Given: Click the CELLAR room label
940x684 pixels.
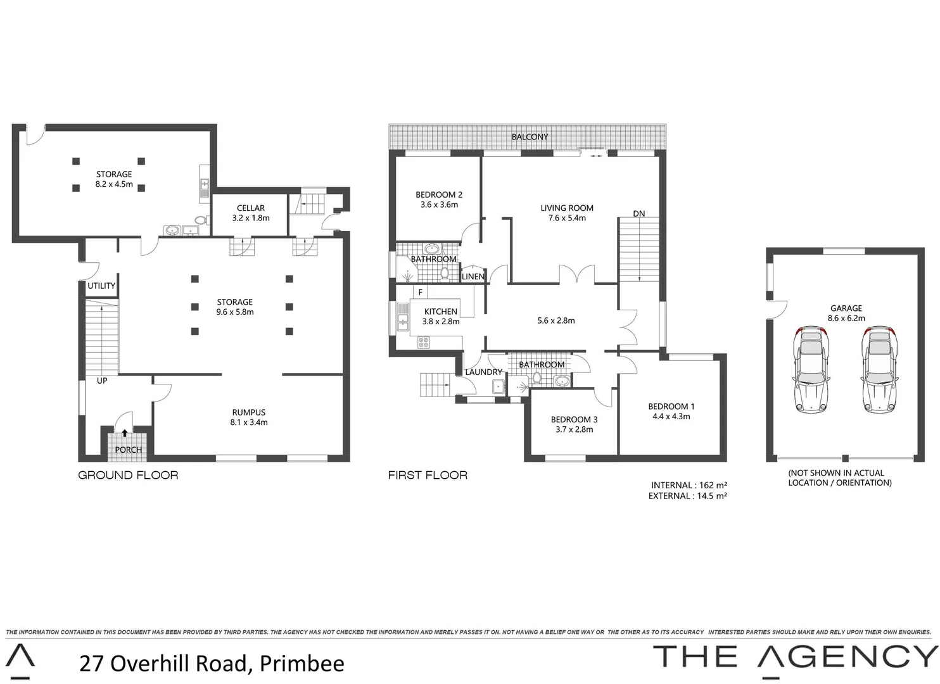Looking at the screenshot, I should pyautogui.click(x=251, y=208).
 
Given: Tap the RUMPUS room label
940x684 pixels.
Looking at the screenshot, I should pyautogui.click(x=248, y=412).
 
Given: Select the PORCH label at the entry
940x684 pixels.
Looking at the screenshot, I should pyautogui.click(x=129, y=450).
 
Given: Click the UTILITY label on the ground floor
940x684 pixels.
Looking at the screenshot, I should pyautogui.click(x=101, y=286).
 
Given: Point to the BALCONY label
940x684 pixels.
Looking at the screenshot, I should pyautogui.click(x=530, y=137).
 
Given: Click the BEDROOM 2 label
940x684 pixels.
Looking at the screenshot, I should pyautogui.click(x=439, y=194).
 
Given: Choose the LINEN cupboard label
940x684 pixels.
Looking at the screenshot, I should pyautogui.click(x=473, y=277).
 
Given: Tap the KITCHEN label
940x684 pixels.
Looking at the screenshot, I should pyautogui.click(x=440, y=312).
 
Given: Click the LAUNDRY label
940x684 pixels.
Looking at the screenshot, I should pyautogui.click(x=483, y=372).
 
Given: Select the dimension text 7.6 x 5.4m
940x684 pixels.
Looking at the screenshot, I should pyautogui.click(x=567, y=218).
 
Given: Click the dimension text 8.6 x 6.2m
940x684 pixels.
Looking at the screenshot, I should pyautogui.click(x=847, y=318).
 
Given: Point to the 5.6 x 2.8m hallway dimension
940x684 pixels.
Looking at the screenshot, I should pyautogui.click(x=556, y=320).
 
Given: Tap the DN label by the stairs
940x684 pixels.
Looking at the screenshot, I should pyautogui.click(x=639, y=213).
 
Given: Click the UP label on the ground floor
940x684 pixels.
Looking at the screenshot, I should pyautogui.click(x=102, y=381).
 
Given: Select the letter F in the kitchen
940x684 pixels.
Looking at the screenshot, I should pyautogui.click(x=419, y=292).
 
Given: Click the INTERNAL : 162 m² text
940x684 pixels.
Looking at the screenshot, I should pyautogui.click(x=689, y=485).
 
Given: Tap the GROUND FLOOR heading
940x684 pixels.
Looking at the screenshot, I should pyautogui.click(x=128, y=475).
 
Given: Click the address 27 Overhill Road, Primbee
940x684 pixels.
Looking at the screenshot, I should pyautogui.click(x=212, y=663).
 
